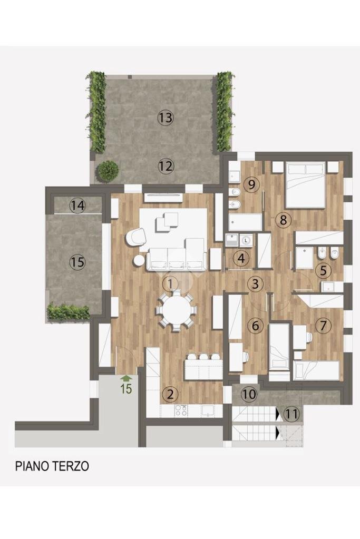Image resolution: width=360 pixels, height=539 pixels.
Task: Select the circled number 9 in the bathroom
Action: (251, 184)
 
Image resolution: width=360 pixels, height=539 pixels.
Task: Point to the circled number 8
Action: (283, 220)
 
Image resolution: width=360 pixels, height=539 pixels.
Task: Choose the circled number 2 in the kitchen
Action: (169, 394)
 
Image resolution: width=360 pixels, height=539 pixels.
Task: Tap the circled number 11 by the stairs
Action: (291, 414)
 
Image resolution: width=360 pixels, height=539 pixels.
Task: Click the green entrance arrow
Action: (126, 377)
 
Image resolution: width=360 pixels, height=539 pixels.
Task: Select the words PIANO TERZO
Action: (52, 466)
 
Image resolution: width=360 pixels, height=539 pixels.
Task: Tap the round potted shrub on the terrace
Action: (108, 170)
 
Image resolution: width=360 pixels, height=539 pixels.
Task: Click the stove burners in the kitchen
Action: (181, 409)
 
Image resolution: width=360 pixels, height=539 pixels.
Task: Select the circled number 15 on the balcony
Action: (77, 262)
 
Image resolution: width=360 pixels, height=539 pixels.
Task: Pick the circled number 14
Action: (78, 205)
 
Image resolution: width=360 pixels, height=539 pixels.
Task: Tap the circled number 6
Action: (256, 326)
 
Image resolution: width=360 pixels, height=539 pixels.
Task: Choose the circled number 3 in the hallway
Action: (256, 284)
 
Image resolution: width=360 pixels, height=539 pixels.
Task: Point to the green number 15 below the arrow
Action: (126, 389)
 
